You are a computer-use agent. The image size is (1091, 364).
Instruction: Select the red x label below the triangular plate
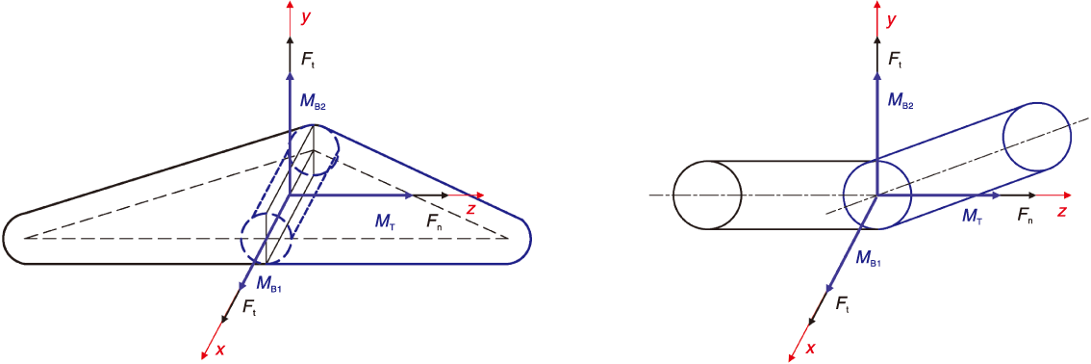(220, 350)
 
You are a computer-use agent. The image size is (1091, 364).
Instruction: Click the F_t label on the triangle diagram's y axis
(308, 59)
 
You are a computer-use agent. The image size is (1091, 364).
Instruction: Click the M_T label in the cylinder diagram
(974, 217)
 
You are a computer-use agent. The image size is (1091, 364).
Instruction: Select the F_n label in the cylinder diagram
(1026, 217)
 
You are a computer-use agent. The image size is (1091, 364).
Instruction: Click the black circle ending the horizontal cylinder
(673, 195)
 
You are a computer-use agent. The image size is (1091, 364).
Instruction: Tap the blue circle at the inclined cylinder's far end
(1002, 137)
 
